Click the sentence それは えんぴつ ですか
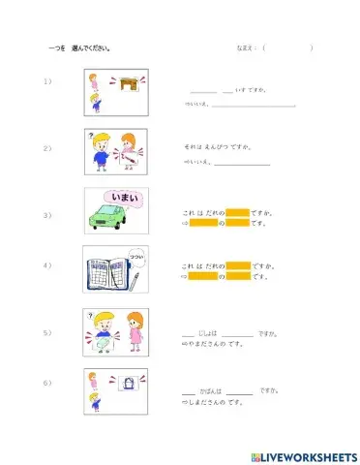pos(218,146)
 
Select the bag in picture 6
pos(126,385)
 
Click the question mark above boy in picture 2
pos(90,135)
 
